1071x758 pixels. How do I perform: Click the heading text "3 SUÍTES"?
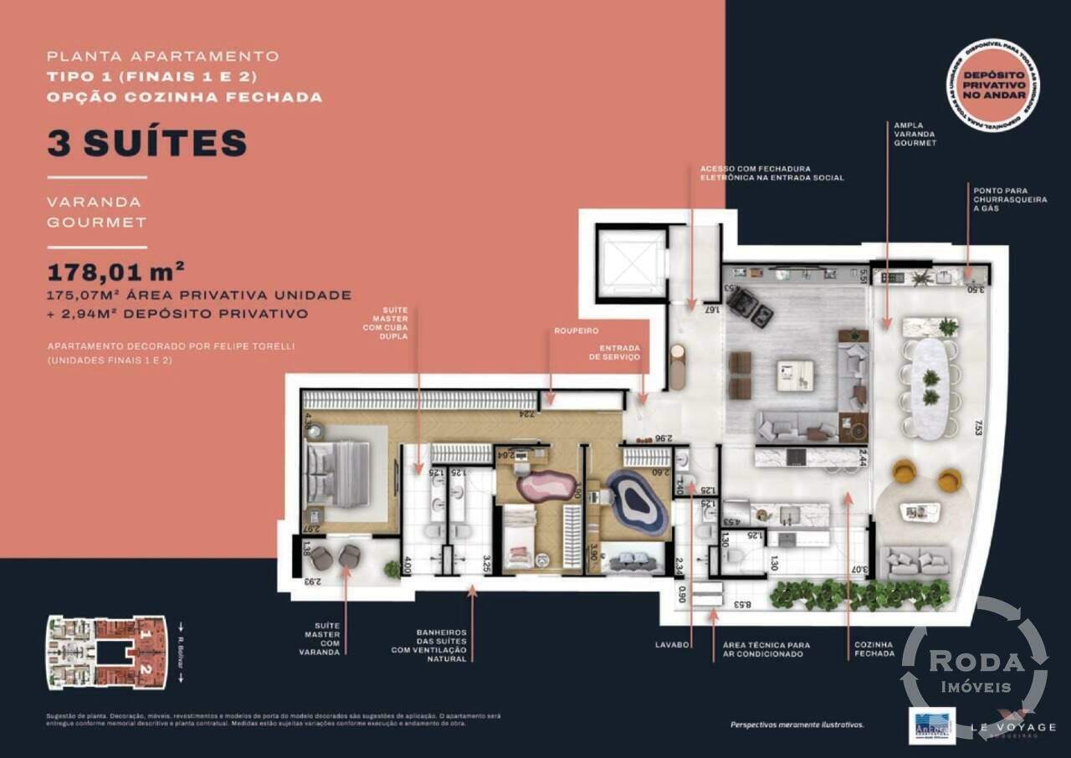point(147,143)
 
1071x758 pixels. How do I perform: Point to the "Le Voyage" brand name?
point(1014,728)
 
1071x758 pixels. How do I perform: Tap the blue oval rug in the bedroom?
point(638,501)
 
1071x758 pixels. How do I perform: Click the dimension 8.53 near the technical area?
point(743,603)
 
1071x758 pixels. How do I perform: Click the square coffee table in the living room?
point(795,373)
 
